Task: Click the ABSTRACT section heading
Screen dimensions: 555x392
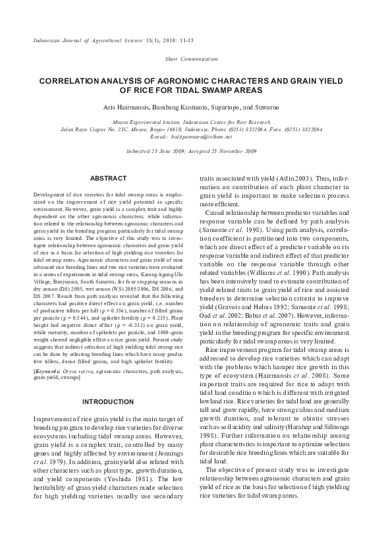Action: point(108,179)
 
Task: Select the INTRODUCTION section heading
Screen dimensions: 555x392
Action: point(108,401)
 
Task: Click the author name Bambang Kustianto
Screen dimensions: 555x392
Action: point(174,106)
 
